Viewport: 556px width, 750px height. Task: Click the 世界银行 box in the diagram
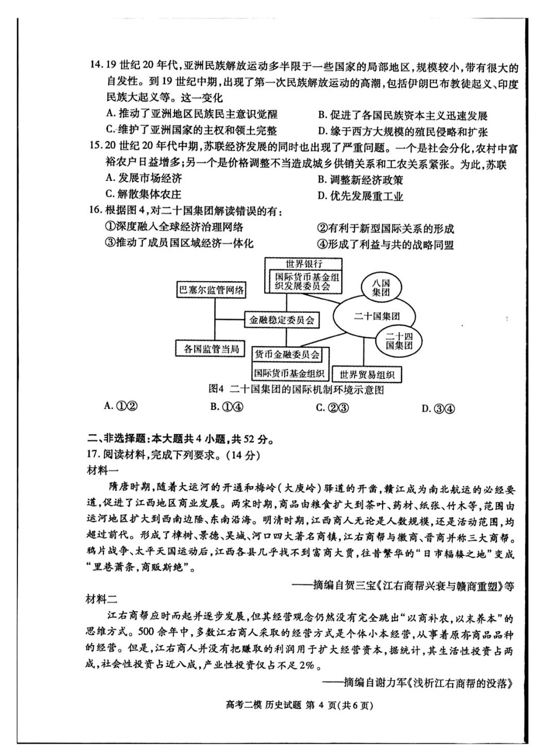[304, 264]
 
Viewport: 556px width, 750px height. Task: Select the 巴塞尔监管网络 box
[211, 290]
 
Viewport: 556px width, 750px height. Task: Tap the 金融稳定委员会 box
[282, 320]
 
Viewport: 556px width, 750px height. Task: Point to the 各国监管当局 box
[211, 349]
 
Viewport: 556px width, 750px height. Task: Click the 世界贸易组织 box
[367, 374]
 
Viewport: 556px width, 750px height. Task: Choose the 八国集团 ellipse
[381, 288]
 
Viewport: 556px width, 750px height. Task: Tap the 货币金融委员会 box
[286, 354]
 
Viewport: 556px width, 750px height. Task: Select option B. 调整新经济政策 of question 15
[360, 180]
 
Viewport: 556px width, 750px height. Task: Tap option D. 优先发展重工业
[360, 196]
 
